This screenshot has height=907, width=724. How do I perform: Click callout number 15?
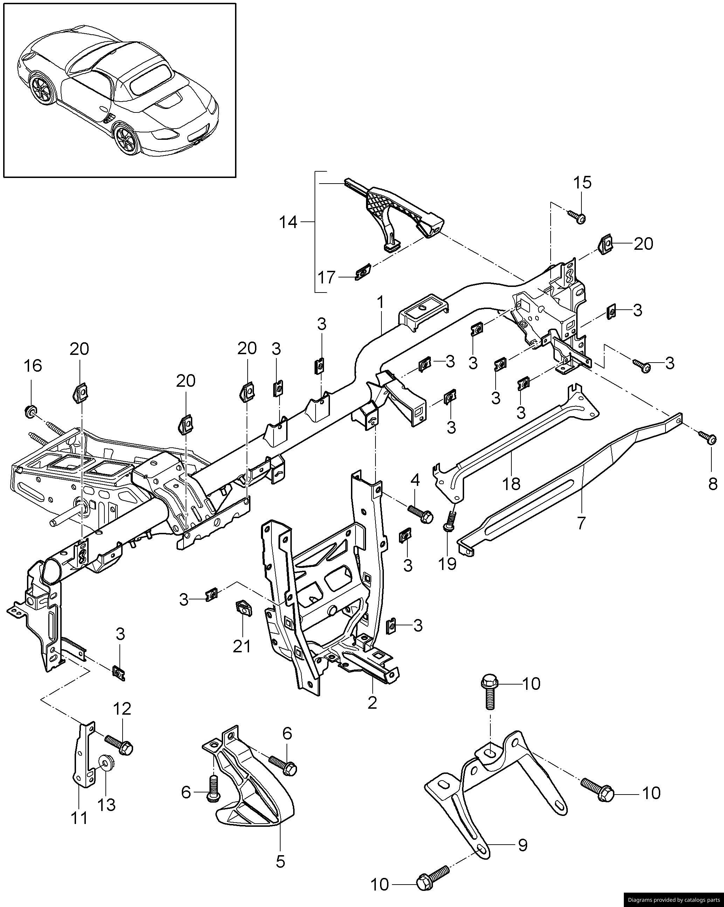pyautogui.click(x=582, y=183)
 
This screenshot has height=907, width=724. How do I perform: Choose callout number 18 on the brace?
pyautogui.click(x=511, y=484)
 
